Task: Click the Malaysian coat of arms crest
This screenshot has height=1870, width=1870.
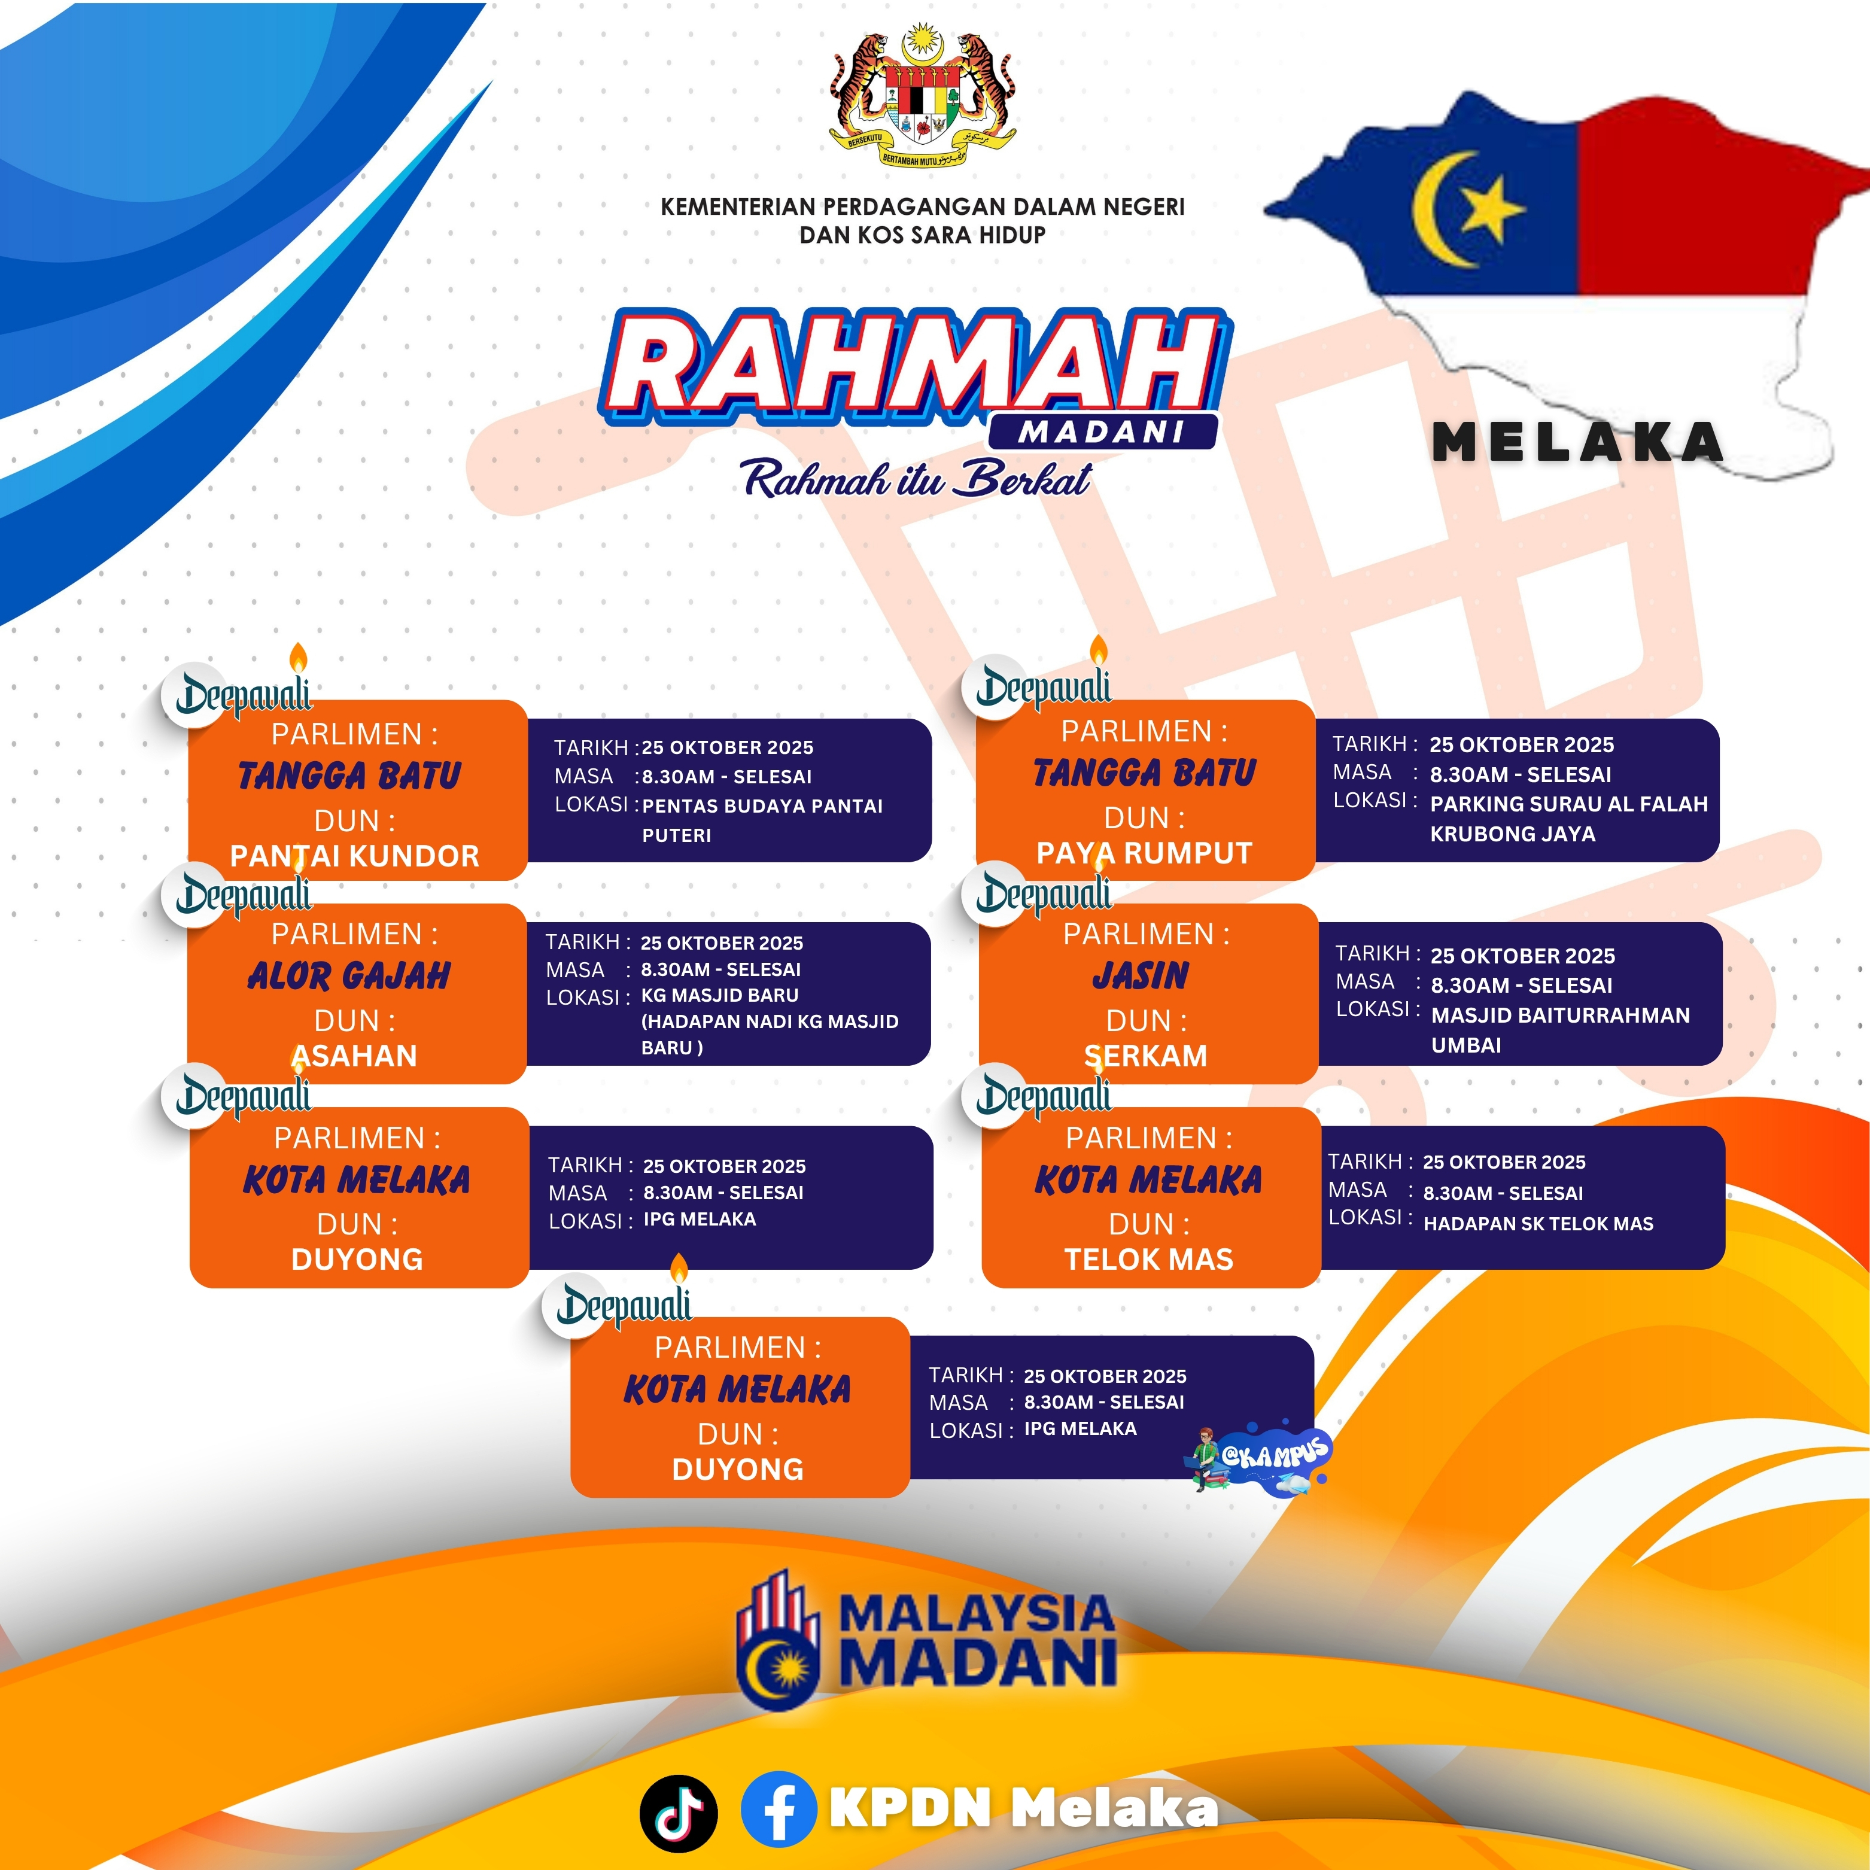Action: (x=922, y=100)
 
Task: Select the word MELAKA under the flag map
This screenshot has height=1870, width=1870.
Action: (x=1578, y=442)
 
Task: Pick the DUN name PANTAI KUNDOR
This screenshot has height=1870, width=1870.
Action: (x=354, y=856)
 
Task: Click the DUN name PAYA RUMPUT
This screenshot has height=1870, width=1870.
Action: (x=1144, y=853)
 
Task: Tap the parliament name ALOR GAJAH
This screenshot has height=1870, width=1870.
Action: (x=349, y=975)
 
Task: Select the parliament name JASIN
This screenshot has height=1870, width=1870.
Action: (x=1141, y=975)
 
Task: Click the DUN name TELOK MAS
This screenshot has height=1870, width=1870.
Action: (x=1149, y=1259)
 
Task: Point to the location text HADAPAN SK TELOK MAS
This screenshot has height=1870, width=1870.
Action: (x=1538, y=1224)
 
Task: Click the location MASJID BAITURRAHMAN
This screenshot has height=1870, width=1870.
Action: (x=1560, y=1015)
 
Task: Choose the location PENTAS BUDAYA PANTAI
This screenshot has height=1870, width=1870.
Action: (x=763, y=805)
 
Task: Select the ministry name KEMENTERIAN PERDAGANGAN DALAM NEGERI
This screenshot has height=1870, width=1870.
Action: (x=922, y=206)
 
